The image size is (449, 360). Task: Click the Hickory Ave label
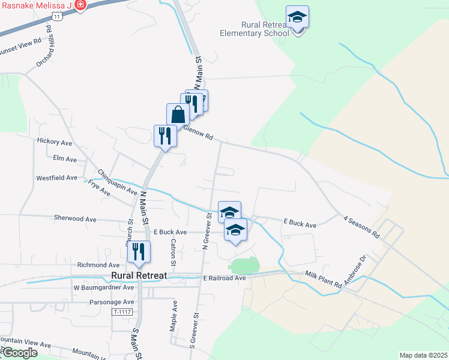[x=54, y=142]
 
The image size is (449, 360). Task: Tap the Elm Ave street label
[x=65, y=160]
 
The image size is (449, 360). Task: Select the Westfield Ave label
[x=56, y=178]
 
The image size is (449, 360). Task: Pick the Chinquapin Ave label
[x=118, y=181]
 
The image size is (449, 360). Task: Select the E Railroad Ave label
[x=224, y=278]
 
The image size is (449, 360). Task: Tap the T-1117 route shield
[x=122, y=313]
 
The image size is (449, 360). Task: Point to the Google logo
[x=20, y=353]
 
